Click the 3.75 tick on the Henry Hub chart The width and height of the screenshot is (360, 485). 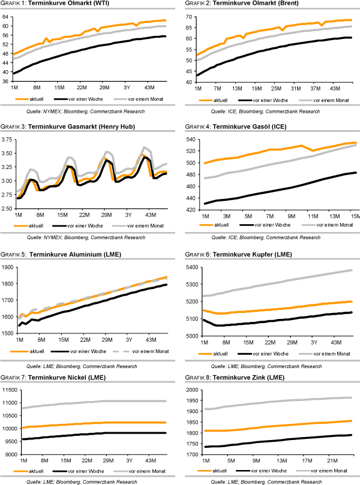click(7, 140)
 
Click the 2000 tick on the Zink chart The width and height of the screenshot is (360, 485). click(192, 390)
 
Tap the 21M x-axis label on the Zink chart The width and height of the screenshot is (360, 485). click(335, 460)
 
